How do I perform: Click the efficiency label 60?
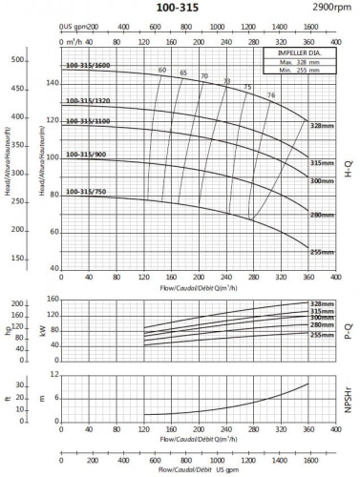[x=161, y=71]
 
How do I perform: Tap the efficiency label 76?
[x=270, y=95]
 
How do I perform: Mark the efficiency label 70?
[x=204, y=76]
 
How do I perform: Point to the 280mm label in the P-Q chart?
[x=321, y=325]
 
